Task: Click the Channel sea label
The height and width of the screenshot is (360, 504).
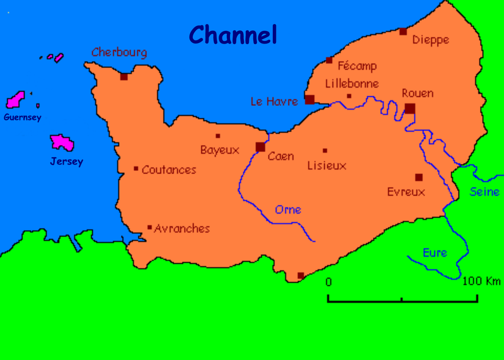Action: (233, 35)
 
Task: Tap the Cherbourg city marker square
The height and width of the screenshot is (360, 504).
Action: (124, 76)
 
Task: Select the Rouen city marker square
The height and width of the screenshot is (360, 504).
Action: (410, 108)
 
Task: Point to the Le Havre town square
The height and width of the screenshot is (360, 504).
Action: (309, 100)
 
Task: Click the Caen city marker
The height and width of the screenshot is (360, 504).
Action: (260, 147)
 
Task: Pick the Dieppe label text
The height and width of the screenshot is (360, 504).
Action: (430, 40)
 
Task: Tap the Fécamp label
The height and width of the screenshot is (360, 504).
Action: (357, 66)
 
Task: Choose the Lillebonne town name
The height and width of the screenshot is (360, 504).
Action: (352, 83)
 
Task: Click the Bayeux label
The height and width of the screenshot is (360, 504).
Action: (220, 150)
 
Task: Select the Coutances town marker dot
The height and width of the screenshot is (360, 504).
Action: (136, 168)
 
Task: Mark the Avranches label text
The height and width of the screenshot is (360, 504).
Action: (182, 229)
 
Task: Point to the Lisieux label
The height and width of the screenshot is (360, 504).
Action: (326, 166)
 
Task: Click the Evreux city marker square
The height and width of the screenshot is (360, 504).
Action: (418, 177)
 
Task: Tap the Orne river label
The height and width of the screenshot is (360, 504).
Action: (288, 210)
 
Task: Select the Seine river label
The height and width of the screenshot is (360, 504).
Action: (484, 192)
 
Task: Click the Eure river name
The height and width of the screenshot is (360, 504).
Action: (435, 253)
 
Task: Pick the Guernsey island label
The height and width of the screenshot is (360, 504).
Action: (22, 117)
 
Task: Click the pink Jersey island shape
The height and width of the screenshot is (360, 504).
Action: (62, 142)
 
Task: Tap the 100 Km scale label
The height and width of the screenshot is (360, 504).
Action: (482, 281)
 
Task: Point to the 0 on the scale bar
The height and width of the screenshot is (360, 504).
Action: (328, 282)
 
